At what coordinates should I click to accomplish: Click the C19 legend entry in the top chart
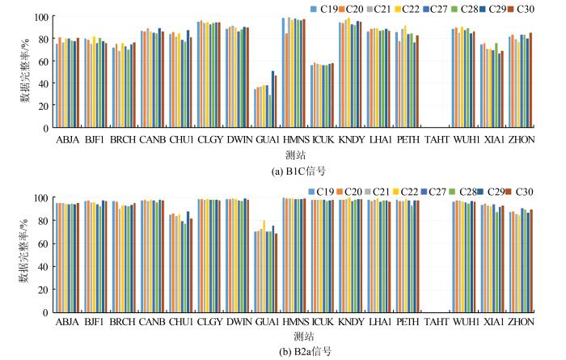(323, 8)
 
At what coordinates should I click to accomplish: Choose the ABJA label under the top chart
(67, 140)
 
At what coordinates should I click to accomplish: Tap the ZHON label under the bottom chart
(521, 321)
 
